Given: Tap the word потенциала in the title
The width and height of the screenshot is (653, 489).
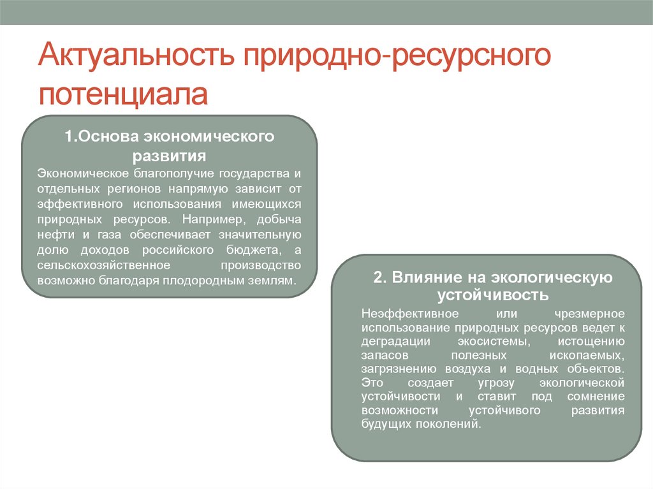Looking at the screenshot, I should coord(123,94).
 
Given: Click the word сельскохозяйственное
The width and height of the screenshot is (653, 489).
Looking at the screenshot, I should coord(104,265).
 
